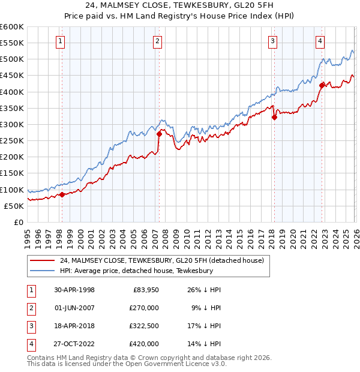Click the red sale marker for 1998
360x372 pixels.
62,194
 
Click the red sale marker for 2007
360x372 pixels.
159,134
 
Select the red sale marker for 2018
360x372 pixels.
274,117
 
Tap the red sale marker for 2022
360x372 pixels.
322,85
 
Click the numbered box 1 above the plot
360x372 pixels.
61,41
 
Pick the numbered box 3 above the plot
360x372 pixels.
272,41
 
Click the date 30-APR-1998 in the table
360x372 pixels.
74,290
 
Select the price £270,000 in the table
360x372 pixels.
145,308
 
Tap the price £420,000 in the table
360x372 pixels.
145,344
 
